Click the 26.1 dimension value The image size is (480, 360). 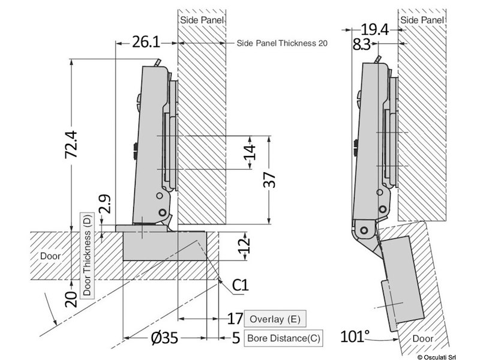pyautogui.click(x=145, y=43)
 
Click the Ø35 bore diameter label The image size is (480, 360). pyautogui.click(x=164, y=338)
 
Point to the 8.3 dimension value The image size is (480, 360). pyautogui.click(x=361, y=44)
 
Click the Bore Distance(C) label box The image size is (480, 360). pyautogui.click(x=284, y=338)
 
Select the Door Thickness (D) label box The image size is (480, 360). pyautogui.click(x=86, y=255)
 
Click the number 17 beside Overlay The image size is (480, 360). pyautogui.click(x=235, y=319)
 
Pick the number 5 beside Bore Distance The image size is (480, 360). pyautogui.click(x=236, y=338)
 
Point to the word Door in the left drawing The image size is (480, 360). pyautogui.click(x=50, y=256)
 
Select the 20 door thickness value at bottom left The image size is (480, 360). pyautogui.click(x=71, y=298)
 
